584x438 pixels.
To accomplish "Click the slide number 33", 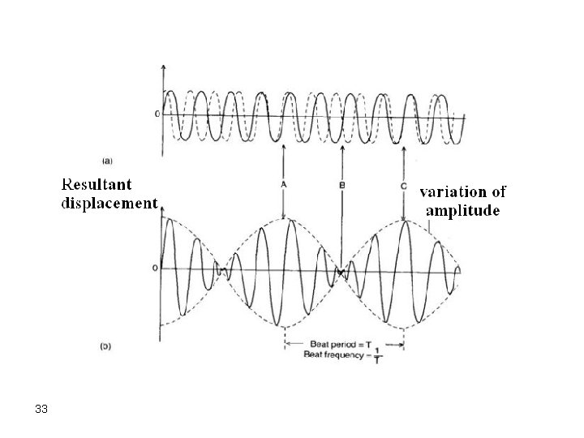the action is pos(42,410).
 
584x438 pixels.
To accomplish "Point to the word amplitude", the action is pos(464,210).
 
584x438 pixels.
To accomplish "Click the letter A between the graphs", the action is pos(284,185).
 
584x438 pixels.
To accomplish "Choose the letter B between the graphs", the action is pos(341,186).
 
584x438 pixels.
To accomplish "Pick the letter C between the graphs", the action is pos(404,185).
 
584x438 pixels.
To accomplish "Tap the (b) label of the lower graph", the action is pos(105,346).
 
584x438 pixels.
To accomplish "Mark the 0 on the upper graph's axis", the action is pos(157,114).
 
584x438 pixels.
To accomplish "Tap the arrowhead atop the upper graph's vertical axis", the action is pos(164,66).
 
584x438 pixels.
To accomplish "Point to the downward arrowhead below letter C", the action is pos(404,217).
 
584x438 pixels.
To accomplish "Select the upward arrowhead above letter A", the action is pos(284,148).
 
